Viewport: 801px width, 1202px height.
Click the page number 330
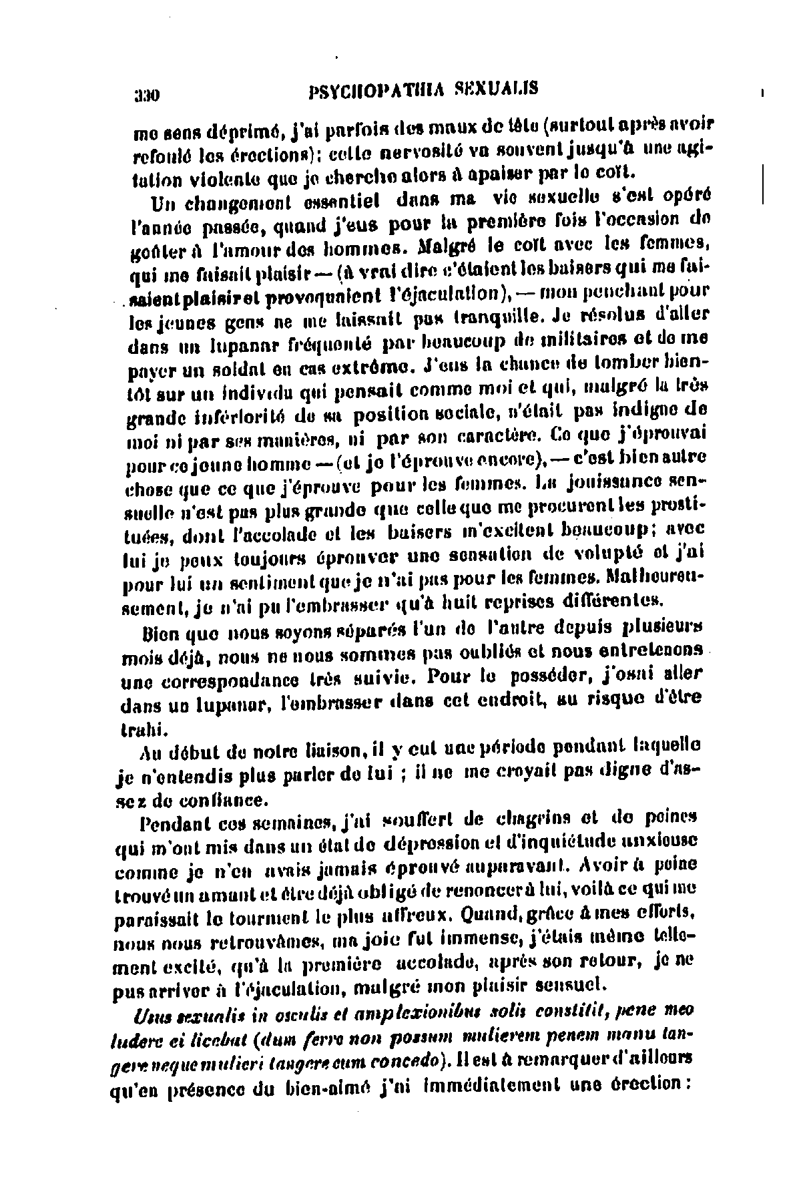click(146, 93)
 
